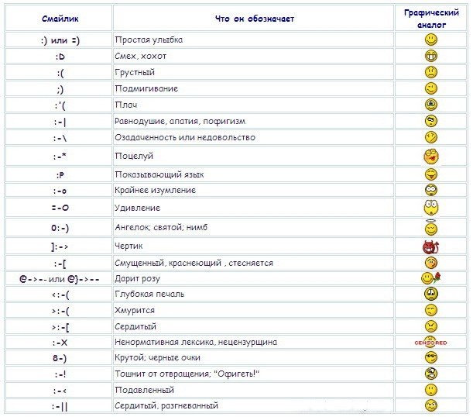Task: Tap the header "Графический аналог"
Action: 430,18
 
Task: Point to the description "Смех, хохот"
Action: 140,57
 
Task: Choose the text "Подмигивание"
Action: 146,89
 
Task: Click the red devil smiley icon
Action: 430,248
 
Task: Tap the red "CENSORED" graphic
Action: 430,342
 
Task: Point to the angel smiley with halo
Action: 430,228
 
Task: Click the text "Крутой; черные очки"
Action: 157,357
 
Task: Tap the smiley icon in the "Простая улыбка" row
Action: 430,39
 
